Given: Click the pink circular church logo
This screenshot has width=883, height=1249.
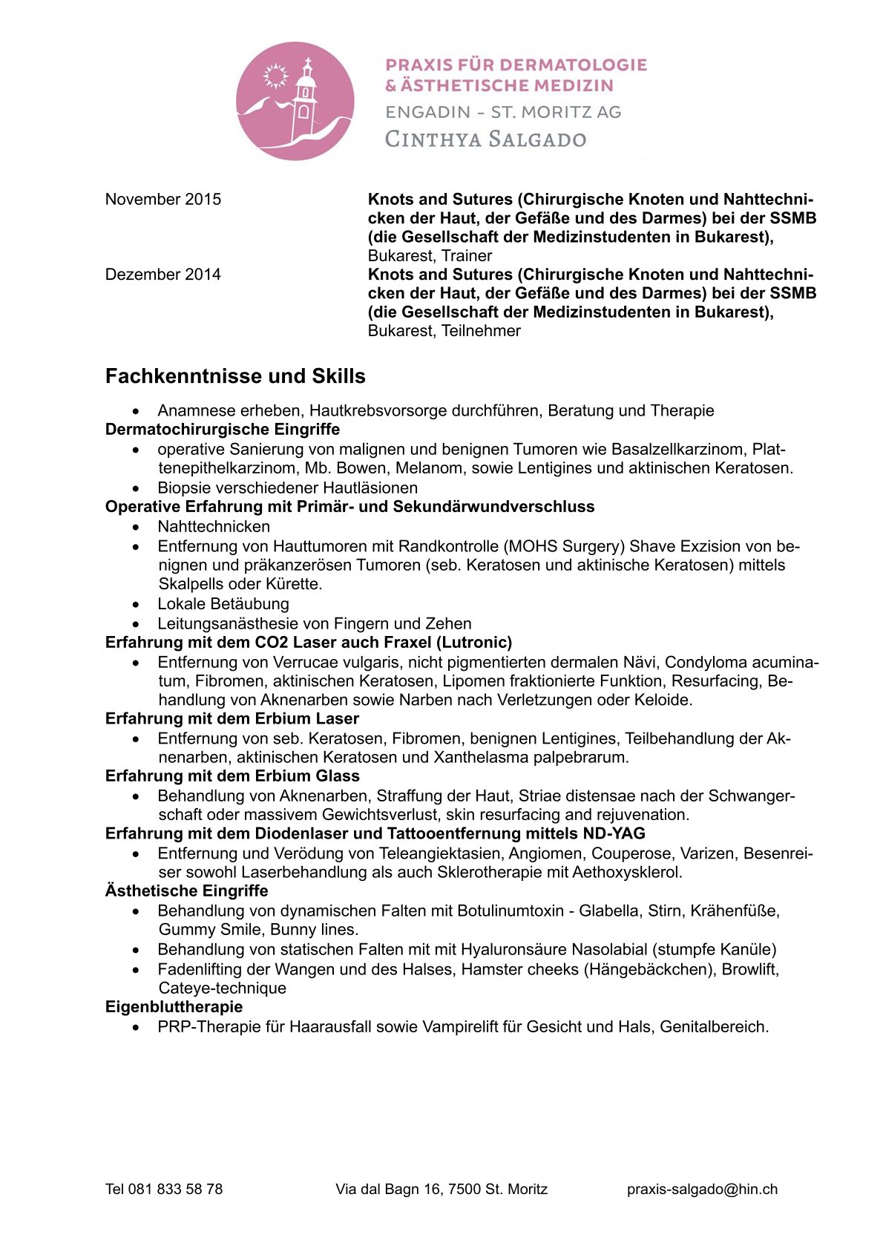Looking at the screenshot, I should click(295, 101).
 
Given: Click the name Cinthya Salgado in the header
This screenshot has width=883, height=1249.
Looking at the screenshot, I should click(485, 140).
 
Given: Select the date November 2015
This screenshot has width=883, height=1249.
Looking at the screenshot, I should click(163, 200).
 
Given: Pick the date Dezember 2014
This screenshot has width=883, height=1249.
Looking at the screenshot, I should click(163, 275).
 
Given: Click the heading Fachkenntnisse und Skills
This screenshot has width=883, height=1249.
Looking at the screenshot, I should click(235, 376).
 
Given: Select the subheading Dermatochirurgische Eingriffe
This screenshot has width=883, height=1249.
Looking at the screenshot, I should click(223, 430).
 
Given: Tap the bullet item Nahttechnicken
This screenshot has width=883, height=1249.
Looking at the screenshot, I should click(214, 527).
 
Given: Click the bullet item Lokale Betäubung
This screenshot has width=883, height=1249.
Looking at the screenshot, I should click(223, 604).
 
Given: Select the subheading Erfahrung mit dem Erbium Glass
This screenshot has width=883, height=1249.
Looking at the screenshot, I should click(232, 776).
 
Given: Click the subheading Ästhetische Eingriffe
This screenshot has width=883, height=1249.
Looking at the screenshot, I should click(186, 891).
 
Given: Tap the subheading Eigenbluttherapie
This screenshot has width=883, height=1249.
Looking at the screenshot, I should click(174, 1007).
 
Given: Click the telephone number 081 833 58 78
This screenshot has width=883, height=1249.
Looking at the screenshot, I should click(175, 1189).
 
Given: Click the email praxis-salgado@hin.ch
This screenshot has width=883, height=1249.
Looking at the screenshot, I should click(702, 1189).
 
